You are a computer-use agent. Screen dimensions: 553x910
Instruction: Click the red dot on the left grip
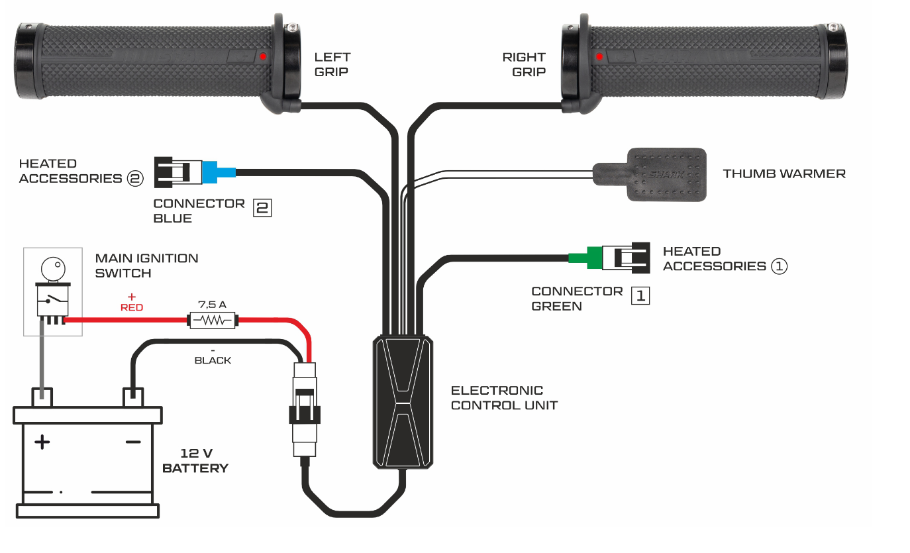[263, 57]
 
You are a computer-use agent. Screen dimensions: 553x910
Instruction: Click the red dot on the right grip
[599, 57]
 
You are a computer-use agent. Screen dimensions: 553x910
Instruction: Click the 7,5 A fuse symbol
[211, 321]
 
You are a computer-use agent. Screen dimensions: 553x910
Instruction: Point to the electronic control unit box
[403, 401]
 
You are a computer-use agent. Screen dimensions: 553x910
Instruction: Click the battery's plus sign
[42, 442]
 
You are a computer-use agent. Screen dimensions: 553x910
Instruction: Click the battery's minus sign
[133, 442]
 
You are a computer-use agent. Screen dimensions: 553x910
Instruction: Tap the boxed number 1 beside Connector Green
[640, 295]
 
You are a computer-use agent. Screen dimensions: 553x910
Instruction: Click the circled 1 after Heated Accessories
[779, 266]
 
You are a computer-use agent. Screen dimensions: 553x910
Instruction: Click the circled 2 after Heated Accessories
[134, 178]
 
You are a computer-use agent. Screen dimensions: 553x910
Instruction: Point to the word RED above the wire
[132, 307]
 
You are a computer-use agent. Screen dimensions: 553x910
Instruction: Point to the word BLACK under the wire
[213, 360]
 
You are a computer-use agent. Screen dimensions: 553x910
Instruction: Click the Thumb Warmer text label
[784, 174]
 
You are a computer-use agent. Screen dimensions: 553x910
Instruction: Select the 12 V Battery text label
[195, 461]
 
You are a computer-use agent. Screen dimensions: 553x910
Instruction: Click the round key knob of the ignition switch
[53, 268]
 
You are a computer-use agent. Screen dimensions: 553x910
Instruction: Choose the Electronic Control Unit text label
[504, 397]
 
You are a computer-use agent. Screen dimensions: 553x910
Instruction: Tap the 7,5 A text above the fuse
[212, 305]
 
